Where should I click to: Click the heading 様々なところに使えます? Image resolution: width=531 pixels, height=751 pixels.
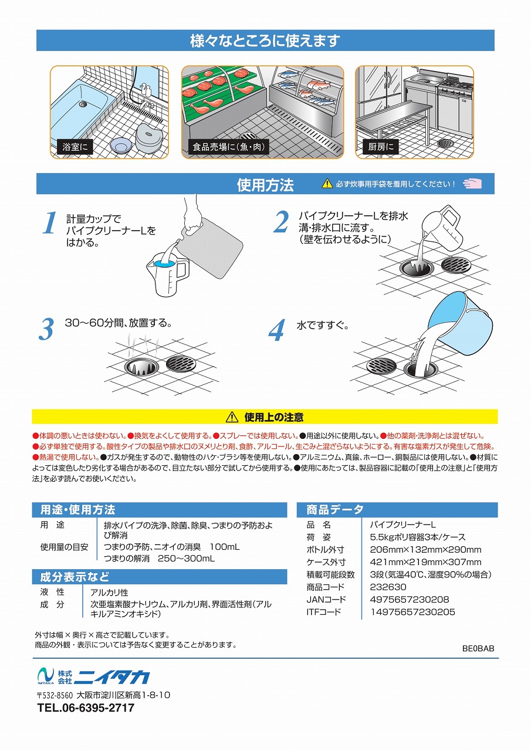pyautogui.click(x=265, y=40)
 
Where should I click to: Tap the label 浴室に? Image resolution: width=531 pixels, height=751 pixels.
pyautogui.click(x=75, y=147)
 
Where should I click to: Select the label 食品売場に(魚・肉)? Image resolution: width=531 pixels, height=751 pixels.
pyautogui.click(x=228, y=147)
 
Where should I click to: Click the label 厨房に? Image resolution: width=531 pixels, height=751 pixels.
pyautogui.click(x=380, y=147)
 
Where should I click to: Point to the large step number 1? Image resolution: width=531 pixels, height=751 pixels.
pyautogui.click(x=50, y=222)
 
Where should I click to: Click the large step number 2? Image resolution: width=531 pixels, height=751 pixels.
pyautogui.click(x=281, y=222)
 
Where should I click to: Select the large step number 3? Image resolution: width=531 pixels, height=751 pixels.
pyautogui.click(x=46, y=329)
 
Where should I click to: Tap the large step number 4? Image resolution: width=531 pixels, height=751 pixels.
pyautogui.click(x=277, y=330)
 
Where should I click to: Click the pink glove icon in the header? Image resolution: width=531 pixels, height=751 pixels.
pyautogui.click(x=472, y=184)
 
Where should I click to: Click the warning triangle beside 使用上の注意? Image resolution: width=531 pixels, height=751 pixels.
pyautogui.click(x=232, y=417)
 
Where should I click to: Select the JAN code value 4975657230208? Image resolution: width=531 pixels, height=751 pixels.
pyautogui.click(x=410, y=599)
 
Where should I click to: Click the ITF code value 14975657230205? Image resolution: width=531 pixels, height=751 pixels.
pyautogui.click(x=412, y=612)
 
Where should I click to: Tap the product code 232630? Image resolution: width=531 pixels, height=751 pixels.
pyautogui.click(x=388, y=587)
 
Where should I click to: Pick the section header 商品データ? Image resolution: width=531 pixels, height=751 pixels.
pyautogui.click(x=335, y=510)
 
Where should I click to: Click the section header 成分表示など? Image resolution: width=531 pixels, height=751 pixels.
pyautogui.click(x=75, y=577)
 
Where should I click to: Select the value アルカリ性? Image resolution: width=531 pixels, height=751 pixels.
pyautogui.click(x=109, y=593)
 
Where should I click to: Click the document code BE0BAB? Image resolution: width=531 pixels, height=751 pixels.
pyautogui.click(x=478, y=648)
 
